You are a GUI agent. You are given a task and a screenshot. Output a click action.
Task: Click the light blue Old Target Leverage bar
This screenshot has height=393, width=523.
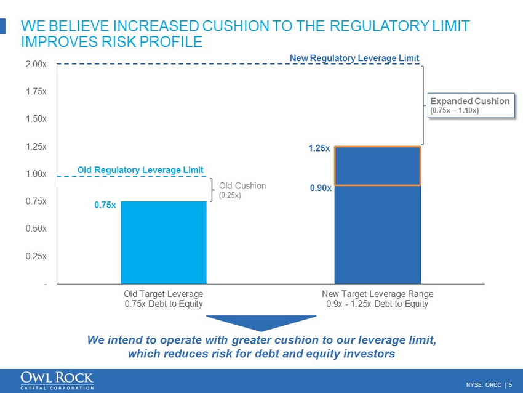click(163, 242)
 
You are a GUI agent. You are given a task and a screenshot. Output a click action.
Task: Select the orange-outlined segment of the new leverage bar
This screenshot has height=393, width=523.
click(377, 166)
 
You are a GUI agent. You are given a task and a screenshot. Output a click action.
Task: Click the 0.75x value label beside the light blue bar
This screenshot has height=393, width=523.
click(105, 206)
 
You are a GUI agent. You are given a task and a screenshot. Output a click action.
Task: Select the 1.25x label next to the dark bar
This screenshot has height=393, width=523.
click(319, 148)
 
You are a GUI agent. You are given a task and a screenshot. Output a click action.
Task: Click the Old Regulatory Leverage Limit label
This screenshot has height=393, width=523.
click(140, 169)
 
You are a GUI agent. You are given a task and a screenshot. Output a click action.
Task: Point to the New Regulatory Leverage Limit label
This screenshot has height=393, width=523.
click(354, 58)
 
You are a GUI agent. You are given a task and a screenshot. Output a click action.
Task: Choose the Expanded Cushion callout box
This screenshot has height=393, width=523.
click(469, 105)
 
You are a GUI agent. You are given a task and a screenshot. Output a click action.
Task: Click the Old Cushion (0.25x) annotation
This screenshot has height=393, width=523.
click(242, 190)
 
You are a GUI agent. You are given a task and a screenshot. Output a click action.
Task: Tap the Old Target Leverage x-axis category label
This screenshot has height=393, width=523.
click(163, 298)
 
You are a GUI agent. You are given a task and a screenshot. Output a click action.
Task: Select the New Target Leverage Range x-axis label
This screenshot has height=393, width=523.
click(377, 298)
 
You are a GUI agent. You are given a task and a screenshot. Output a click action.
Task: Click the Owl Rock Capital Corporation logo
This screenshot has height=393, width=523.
click(57, 381)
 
